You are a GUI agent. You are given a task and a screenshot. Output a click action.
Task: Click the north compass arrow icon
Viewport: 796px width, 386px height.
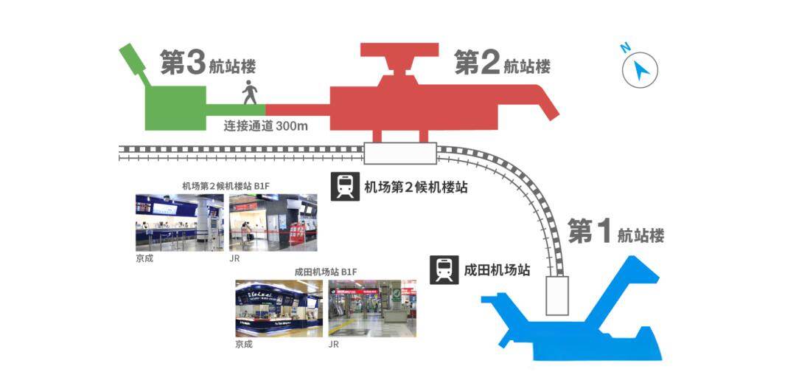640,69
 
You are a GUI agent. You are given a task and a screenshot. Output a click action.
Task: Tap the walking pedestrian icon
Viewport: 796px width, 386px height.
249,92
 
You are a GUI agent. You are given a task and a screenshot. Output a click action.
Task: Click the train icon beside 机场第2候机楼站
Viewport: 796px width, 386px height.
345,187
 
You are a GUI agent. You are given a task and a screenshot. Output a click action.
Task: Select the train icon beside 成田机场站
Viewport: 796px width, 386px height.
444,269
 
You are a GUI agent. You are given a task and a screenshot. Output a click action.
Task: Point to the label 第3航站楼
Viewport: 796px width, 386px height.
208,63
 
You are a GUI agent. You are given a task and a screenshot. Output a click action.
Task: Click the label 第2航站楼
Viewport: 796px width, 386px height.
503,63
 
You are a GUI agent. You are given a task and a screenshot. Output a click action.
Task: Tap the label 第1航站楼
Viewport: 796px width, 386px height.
615,231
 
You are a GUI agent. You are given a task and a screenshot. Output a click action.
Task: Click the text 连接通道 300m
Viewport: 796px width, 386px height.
265,125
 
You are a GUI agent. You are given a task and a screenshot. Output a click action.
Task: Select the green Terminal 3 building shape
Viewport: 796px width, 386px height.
175,108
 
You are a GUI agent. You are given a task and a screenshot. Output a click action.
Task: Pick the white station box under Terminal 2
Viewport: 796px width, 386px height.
400,153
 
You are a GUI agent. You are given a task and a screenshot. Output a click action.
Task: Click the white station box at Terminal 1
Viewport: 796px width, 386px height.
557,296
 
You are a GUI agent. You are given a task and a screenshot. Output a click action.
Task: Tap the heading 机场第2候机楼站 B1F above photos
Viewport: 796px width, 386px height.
226,186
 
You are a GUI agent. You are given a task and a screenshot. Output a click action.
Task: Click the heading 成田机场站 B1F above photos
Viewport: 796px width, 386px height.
326,272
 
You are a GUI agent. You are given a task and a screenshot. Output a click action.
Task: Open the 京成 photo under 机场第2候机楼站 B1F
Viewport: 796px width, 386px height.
180,222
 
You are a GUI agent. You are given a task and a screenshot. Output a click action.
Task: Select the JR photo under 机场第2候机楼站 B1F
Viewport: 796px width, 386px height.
273,222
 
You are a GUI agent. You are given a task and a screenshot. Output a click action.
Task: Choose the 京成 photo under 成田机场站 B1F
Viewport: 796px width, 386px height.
279,309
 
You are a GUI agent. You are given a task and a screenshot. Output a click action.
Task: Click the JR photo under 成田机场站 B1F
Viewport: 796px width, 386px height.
373,309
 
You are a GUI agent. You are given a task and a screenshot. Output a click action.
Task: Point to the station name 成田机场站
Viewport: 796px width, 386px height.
497,269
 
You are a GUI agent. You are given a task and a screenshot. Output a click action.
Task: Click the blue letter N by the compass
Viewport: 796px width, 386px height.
626,48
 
